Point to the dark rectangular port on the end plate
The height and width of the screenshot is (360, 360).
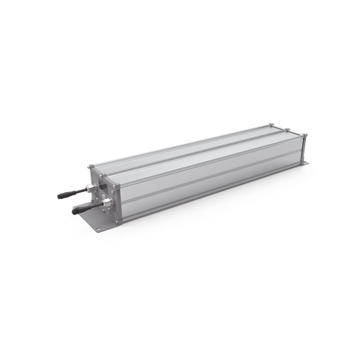click(103, 186)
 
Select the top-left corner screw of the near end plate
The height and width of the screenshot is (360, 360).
click(90, 167)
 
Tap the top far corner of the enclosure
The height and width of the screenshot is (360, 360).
click(273, 125)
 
